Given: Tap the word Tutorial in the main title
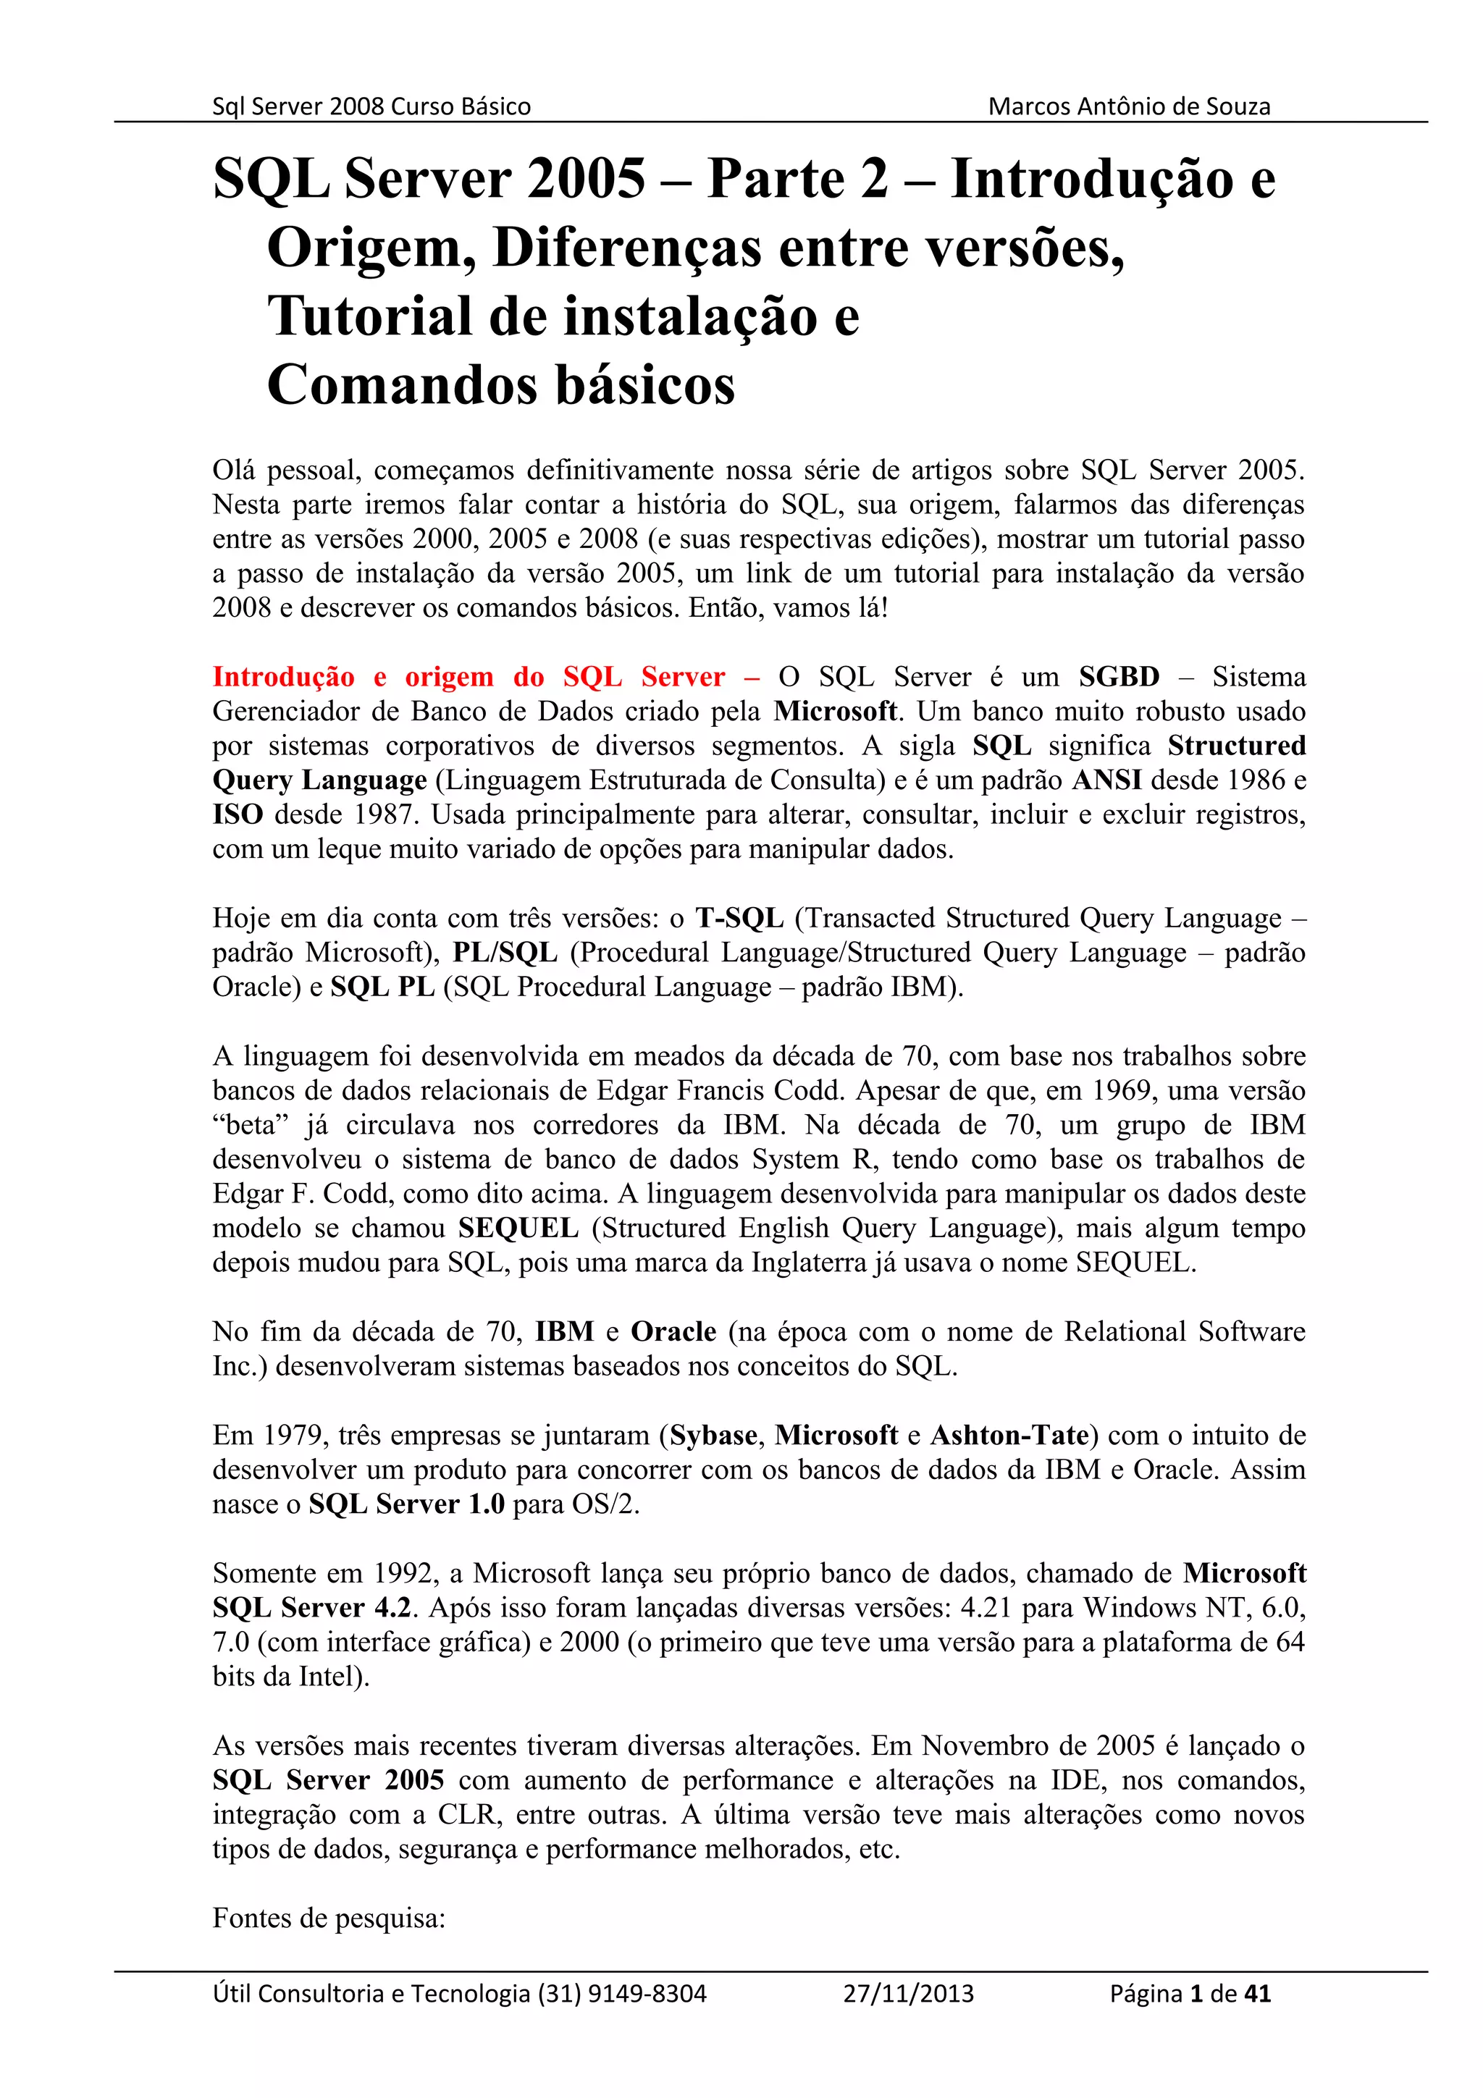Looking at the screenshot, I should (x=369, y=316).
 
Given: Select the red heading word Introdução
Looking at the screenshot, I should (x=283, y=677).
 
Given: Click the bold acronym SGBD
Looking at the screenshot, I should (x=1119, y=677).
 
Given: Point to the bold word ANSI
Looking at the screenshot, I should (x=1106, y=780).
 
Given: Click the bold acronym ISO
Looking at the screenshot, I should (x=238, y=814).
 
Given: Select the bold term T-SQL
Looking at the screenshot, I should (x=739, y=919).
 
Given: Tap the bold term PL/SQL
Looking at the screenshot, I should (x=505, y=953).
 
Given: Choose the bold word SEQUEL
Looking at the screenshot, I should (x=518, y=1228).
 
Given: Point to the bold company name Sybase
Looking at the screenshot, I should (x=714, y=1436).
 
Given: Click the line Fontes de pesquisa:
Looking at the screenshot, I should (x=329, y=1918).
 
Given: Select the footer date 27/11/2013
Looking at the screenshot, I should (x=908, y=1994).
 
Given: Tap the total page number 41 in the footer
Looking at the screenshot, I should (x=1257, y=1994).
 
